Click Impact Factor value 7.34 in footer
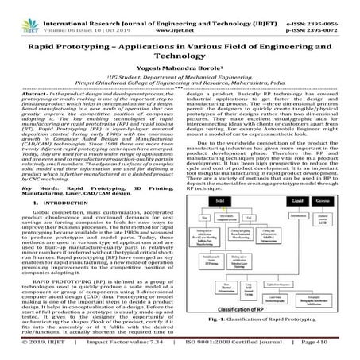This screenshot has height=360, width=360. tap(141, 355)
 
